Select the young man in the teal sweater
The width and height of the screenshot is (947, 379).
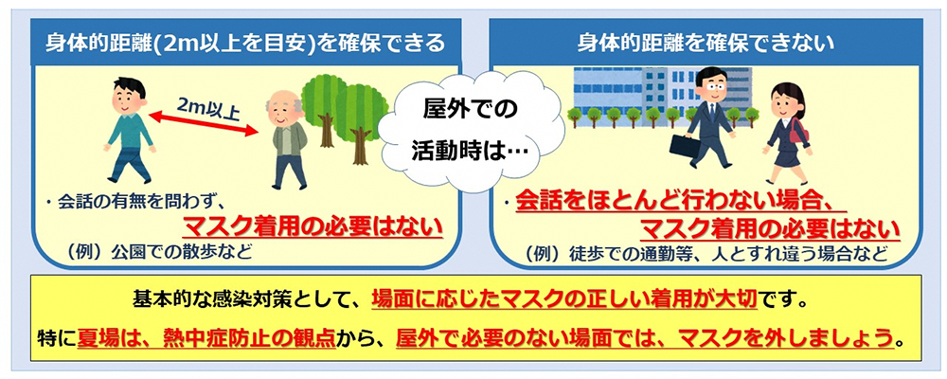(x=129, y=130)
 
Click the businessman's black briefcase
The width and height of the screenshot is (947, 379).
(x=686, y=146)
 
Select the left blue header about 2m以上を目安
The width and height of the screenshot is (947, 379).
(x=245, y=43)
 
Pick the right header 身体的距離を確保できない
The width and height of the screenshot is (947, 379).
(x=706, y=43)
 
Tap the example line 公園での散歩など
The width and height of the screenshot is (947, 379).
(x=161, y=251)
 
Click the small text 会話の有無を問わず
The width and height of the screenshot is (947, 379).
(x=141, y=203)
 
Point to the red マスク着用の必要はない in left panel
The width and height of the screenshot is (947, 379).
(x=313, y=227)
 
